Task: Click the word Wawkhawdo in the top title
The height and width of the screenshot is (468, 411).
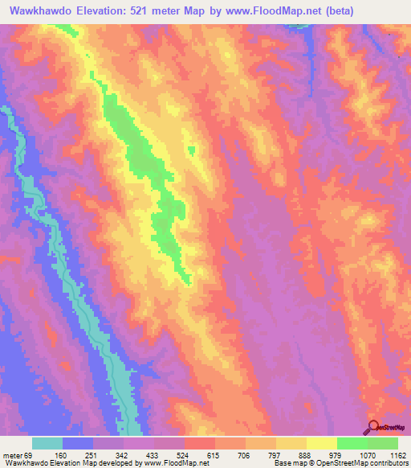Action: coord(39,11)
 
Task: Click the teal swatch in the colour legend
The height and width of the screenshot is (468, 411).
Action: coord(47,443)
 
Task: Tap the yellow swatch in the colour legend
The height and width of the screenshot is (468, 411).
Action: coord(321,443)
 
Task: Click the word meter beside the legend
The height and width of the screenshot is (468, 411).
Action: coord(14,454)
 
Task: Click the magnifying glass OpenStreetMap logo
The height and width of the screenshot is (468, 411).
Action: coord(373,426)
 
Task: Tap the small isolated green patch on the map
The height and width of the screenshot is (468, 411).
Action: coord(191,149)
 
